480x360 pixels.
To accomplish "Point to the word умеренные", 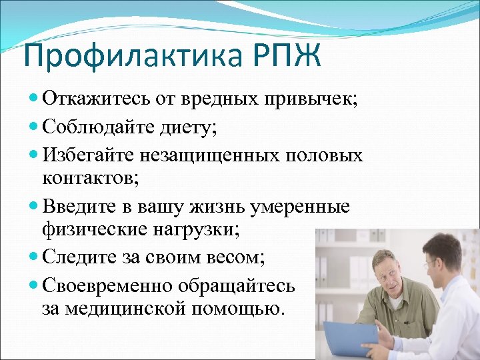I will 298,206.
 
